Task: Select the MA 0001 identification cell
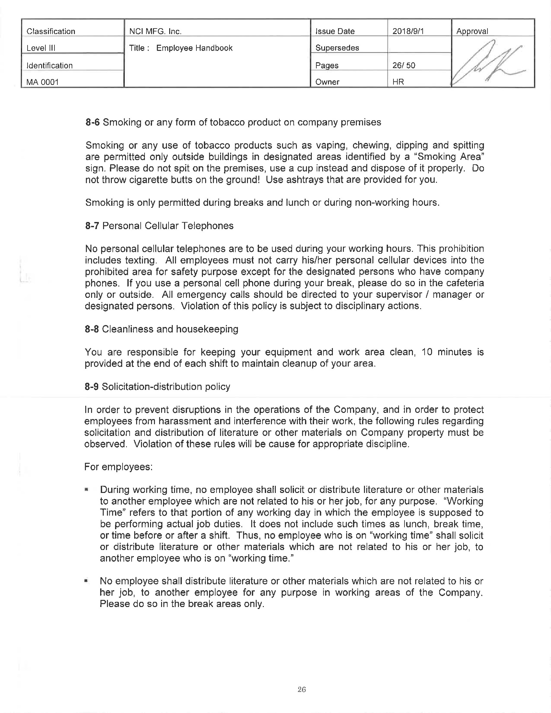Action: (42, 82)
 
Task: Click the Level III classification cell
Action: (41, 48)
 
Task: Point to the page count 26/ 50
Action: (404, 65)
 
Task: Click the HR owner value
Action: (398, 82)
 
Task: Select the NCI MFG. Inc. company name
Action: (155, 31)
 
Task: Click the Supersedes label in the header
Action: (337, 48)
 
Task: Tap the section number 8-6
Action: (92, 123)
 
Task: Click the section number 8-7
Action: (92, 226)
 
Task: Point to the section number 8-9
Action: (92, 387)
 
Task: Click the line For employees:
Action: (119, 467)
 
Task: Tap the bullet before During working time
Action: (87, 490)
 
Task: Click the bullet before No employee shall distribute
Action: (87, 581)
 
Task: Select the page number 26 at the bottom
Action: (302, 689)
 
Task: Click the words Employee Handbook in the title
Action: (194, 48)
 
